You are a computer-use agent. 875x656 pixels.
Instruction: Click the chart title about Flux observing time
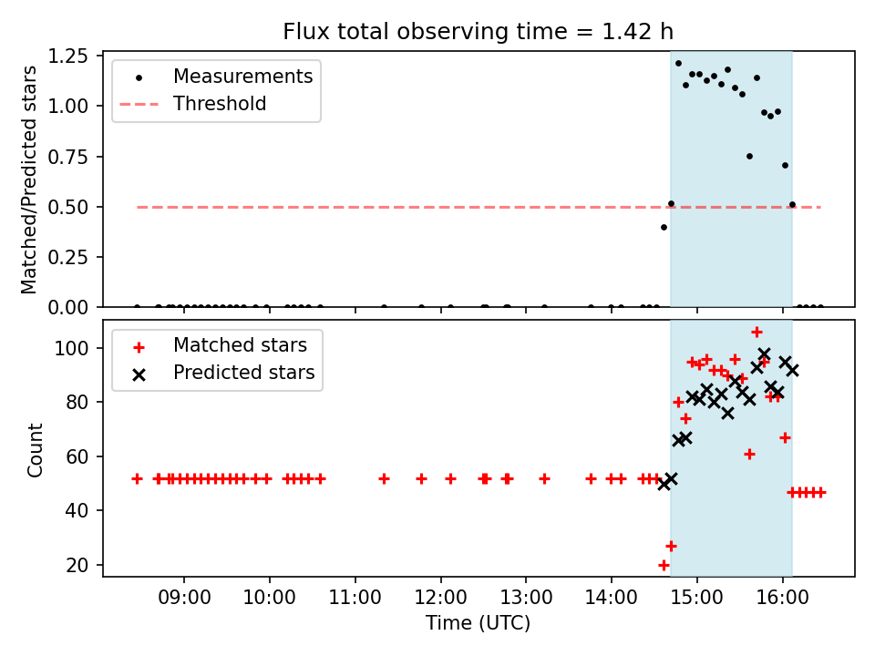coord(479,31)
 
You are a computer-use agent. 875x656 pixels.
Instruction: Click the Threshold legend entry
coord(193,104)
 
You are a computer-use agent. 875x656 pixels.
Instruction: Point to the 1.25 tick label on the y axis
coord(67,56)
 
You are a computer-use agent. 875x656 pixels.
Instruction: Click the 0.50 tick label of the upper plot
coord(67,207)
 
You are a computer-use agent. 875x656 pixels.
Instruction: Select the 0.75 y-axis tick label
coord(67,157)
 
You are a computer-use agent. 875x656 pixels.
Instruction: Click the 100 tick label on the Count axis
coord(71,348)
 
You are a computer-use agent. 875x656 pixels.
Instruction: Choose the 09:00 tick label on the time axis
coord(184,598)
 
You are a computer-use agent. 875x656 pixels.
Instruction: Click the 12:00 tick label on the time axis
coord(441,598)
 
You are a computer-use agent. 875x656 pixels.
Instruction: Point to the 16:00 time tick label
coord(782,598)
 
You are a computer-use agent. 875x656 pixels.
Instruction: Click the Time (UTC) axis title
coord(479,622)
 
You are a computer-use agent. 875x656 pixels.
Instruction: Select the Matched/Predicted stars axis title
coord(28,179)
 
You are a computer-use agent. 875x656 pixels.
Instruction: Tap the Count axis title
coord(35,450)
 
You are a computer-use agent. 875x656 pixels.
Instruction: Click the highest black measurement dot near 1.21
coord(678,64)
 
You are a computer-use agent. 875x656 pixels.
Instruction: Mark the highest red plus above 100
coord(757,333)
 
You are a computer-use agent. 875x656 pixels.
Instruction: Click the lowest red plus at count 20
coord(664,565)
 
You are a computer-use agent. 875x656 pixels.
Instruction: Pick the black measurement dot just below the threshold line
coord(664,228)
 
